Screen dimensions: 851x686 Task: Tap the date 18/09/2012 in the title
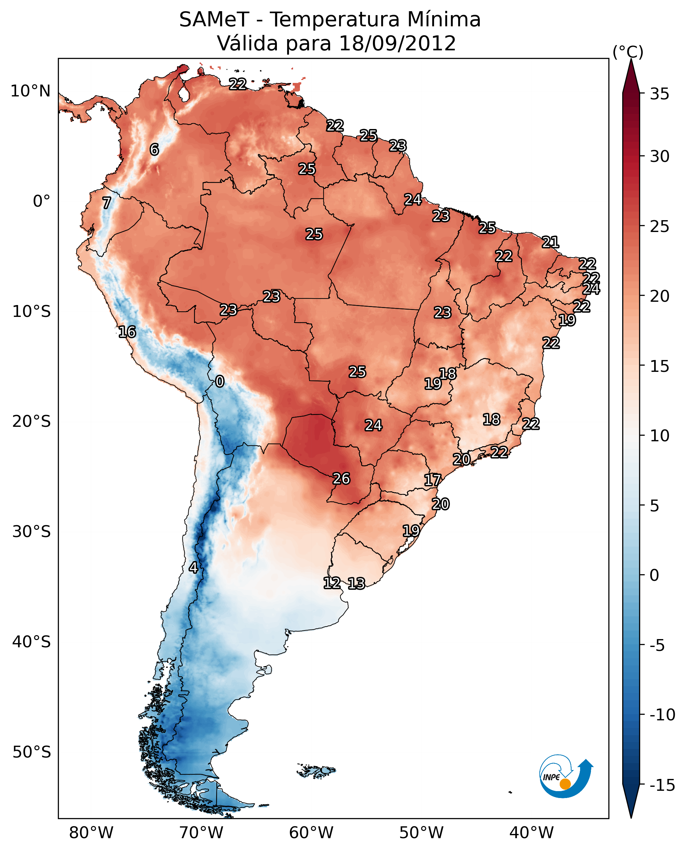[x=397, y=43]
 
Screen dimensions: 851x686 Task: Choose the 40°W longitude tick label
[x=531, y=833]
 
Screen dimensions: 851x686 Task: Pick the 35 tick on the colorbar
[x=659, y=94]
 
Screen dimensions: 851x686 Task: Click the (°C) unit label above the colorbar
[x=628, y=52]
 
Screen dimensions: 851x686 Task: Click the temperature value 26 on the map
[x=341, y=478]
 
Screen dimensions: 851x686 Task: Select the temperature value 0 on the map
[x=220, y=382]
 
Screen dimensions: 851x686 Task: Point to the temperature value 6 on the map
[x=154, y=149]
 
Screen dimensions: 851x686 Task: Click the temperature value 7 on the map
[x=107, y=203]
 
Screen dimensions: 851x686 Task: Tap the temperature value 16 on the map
[x=127, y=332]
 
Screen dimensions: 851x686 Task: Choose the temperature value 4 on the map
[x=193, y=567]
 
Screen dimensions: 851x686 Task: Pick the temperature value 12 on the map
[x=332, y=583]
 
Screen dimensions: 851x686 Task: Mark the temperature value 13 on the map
[x=356, y=584]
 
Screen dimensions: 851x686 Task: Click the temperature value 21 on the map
[x=550, y=242]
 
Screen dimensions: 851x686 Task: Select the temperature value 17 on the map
[x=432, y=480]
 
